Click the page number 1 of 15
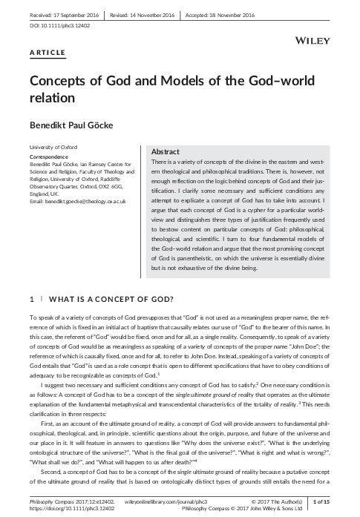342,502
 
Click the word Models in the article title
177,81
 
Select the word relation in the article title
54,97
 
